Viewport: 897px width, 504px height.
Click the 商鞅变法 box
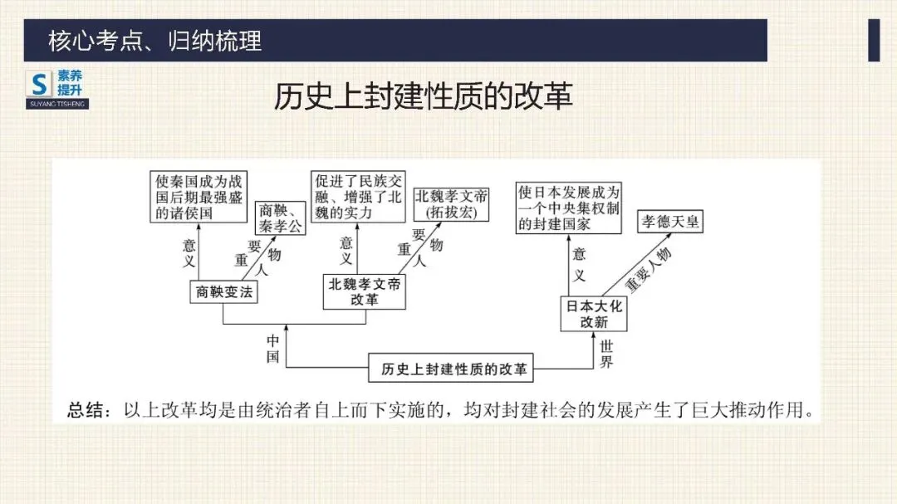(223, 291)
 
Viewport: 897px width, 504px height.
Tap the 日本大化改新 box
(594, 313)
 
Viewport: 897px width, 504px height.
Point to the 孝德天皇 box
(669, 222)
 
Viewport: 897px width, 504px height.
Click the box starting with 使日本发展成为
(568, 208)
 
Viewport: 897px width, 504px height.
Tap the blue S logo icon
(40, 83)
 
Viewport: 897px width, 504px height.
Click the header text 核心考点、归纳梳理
(155, 40)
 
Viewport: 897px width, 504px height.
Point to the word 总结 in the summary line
(87, 409)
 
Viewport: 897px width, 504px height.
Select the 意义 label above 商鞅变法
(189, 252)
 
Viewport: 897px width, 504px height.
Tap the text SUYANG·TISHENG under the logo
(57, 105)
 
